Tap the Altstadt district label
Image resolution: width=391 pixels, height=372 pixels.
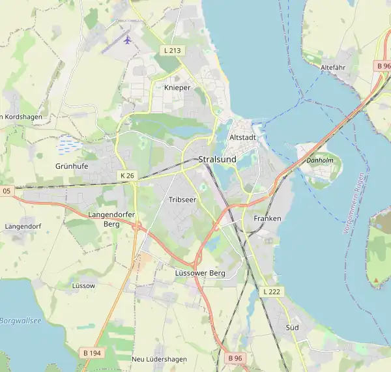[243, 138]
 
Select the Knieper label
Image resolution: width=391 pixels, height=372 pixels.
[178, 87]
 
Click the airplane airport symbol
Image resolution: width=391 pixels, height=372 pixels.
[127, 40]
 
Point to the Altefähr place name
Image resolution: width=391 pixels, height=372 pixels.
[333, 67]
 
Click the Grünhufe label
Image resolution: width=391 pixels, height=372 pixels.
[71, 166]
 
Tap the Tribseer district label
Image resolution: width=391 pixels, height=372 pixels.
[182, 199]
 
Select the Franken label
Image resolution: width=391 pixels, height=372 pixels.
[267, 218]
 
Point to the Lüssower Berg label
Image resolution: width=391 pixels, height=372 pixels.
[200, 273]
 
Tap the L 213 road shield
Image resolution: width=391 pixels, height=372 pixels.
[173, 50]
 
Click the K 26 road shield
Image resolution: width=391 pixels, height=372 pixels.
[127, 176]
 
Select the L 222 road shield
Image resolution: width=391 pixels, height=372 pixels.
[272, 291]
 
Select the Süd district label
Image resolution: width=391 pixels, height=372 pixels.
[292, 327]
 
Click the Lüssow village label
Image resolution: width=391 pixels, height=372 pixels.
[83, 285]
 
